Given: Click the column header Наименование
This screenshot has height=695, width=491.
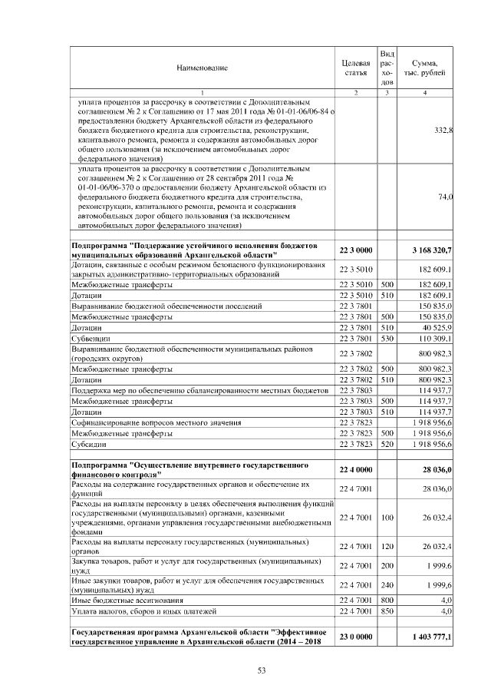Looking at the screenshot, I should pyautogui.click(x=202, y=68).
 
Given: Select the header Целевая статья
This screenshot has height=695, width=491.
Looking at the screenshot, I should pyautogui.click(x=355, y=68).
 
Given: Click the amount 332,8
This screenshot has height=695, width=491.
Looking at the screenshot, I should pyautogui.click(x=443, y=131).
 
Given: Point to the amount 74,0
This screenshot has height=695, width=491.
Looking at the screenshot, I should pyautogui.click(x=445, y=197).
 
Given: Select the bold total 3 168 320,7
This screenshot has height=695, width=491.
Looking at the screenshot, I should pyautogui.click(x=433, y=250).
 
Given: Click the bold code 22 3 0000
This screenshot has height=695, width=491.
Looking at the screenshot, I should pyautogui.click(x=355, y=250).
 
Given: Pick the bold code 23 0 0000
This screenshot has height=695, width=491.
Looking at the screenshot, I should pyautogui.click(x=355, y=637).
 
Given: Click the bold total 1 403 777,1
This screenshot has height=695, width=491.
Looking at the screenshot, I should pyautogui.click(x=433, y=637).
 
